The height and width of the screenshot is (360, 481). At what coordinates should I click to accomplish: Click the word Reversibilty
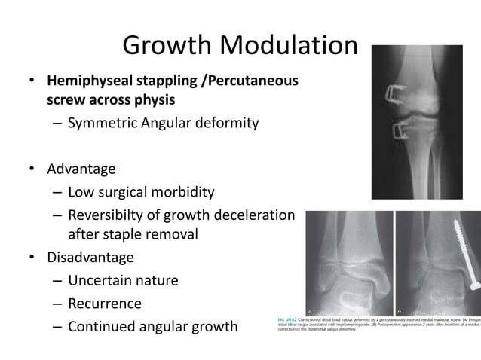click(115, 217)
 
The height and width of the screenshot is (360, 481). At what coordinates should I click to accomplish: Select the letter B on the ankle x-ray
click(400, 310)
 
